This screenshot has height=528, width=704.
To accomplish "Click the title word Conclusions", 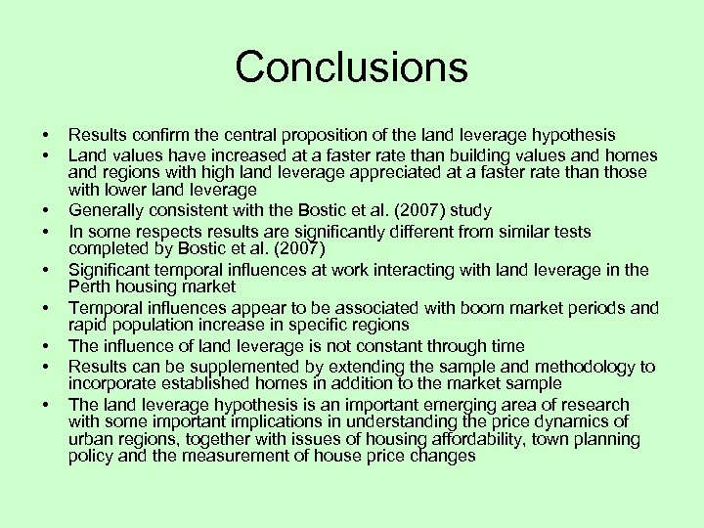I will pyautogui.click(x=351, y=67).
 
